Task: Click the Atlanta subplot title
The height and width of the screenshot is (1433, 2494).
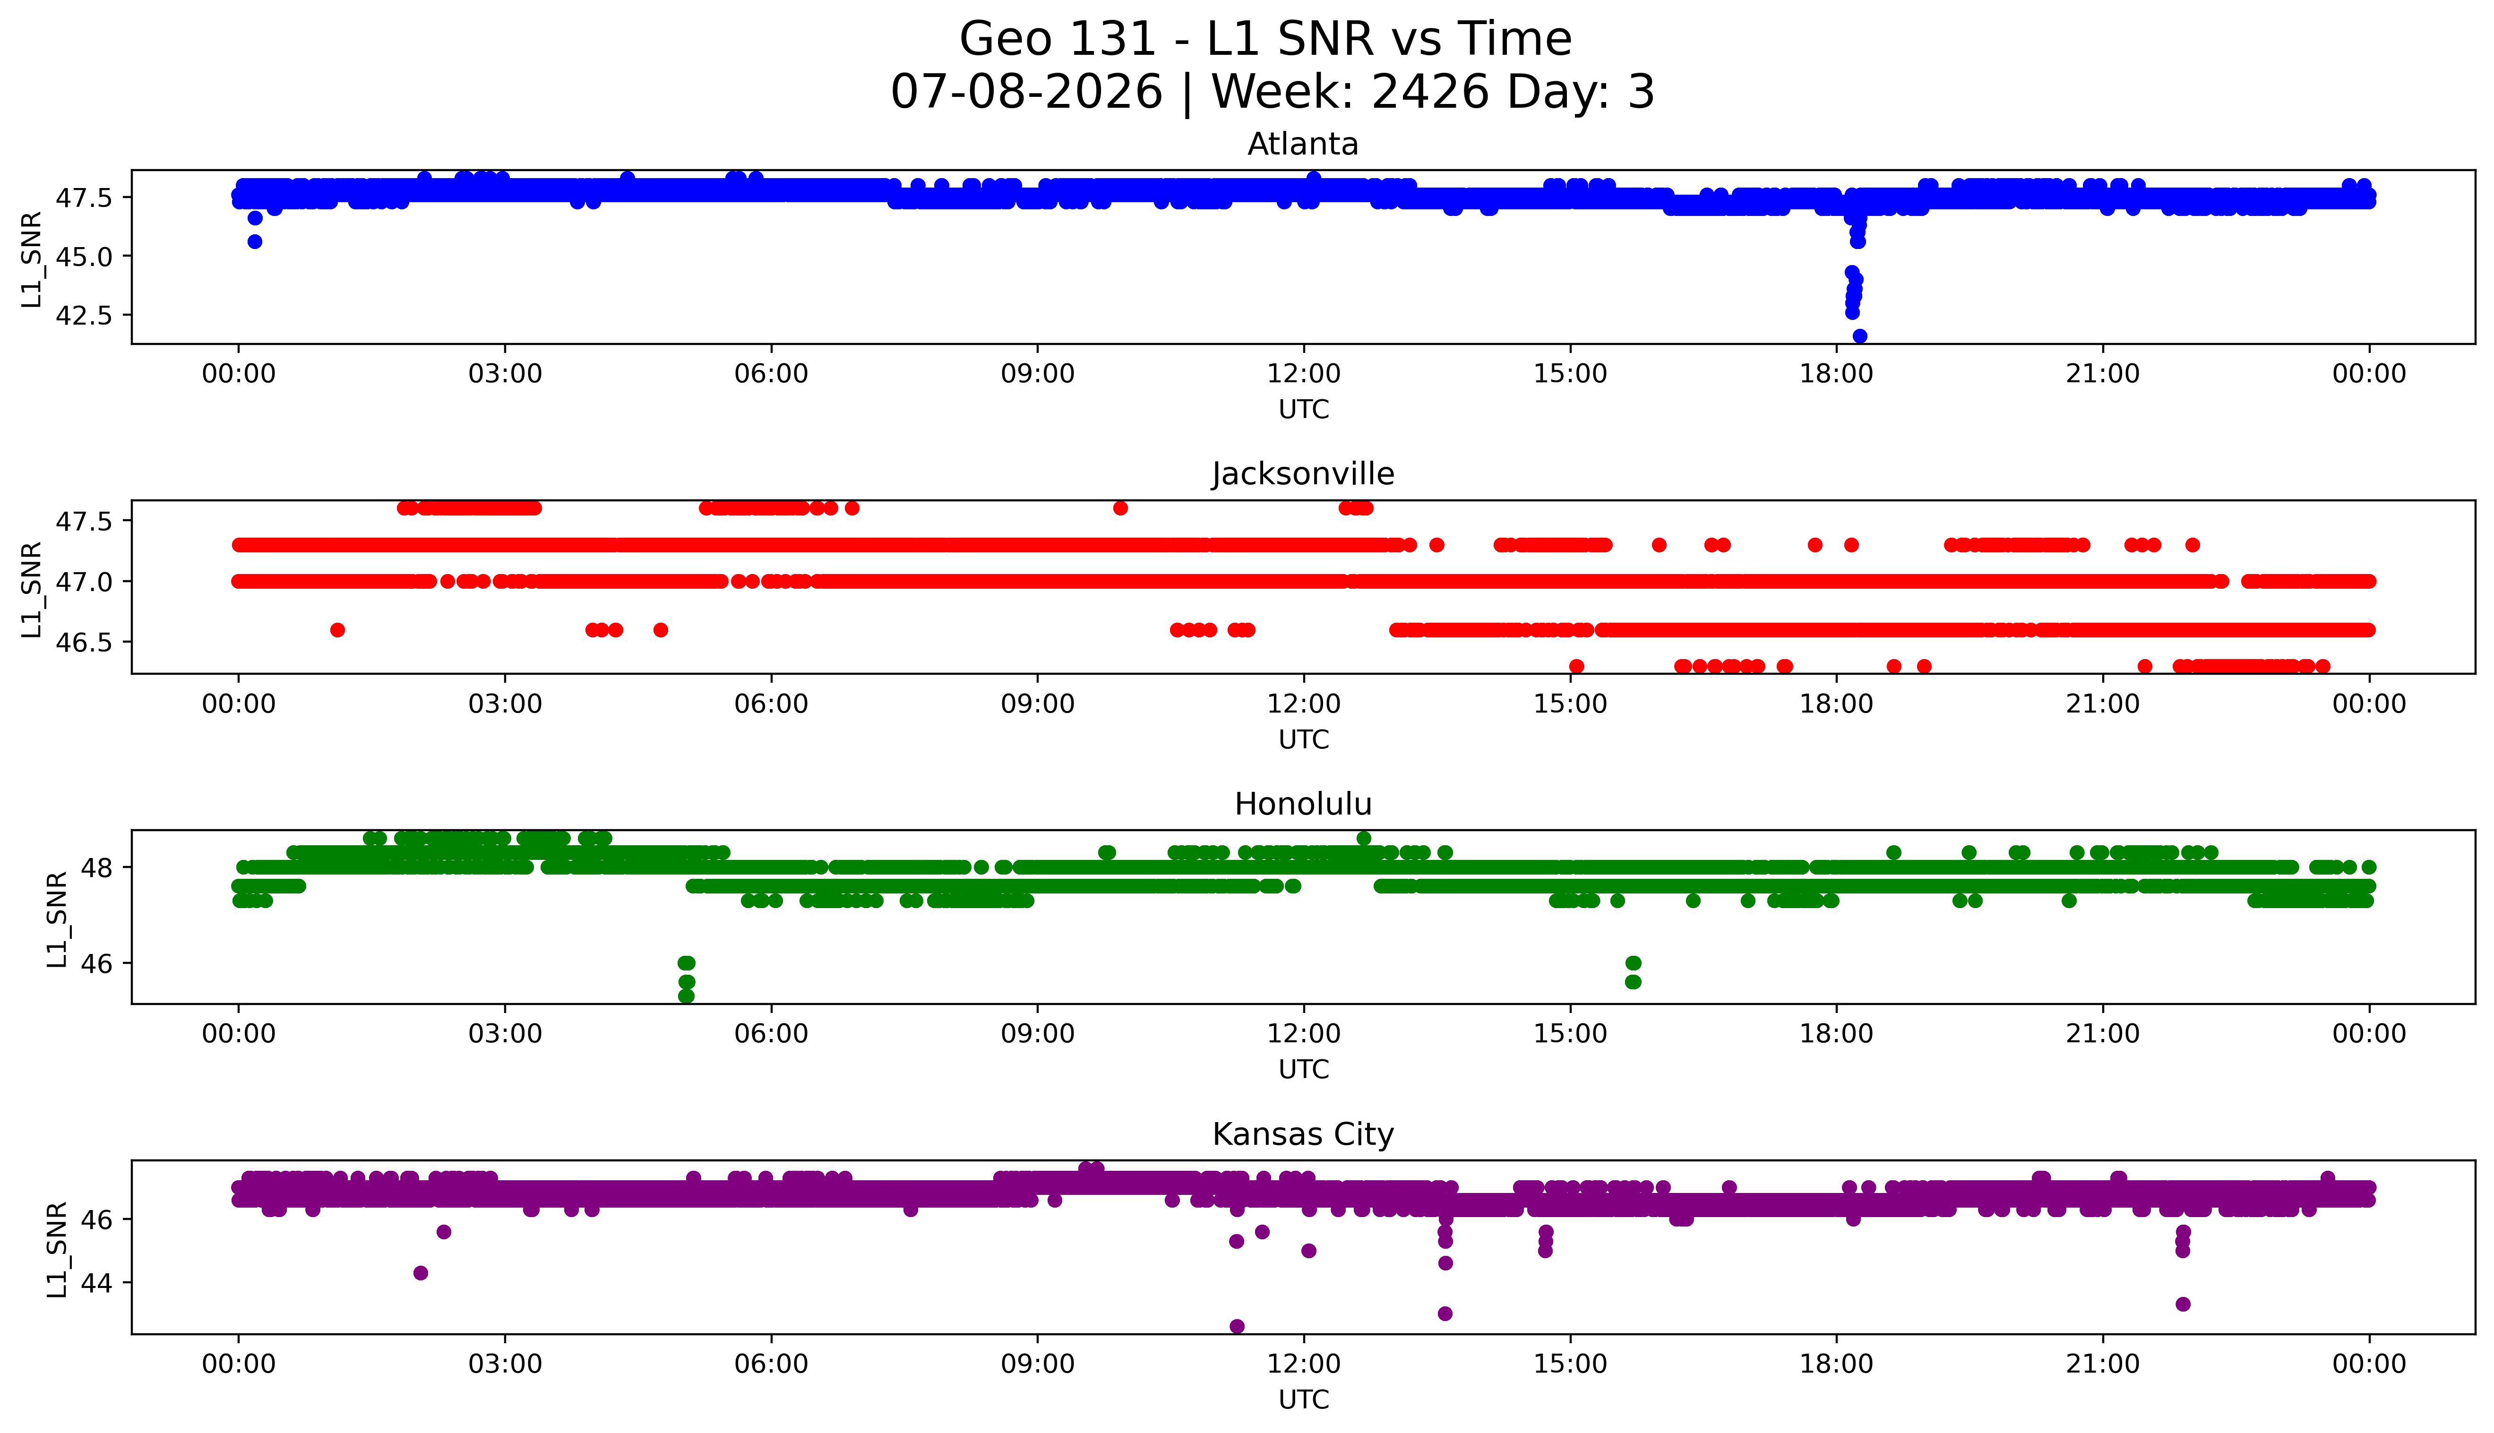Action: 1303,145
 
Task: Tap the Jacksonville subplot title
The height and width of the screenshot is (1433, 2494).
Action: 1303,474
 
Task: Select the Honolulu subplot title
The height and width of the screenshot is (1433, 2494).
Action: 1303,804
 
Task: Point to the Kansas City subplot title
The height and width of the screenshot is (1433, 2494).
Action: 1303,1135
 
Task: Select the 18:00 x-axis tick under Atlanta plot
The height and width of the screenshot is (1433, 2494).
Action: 1837,374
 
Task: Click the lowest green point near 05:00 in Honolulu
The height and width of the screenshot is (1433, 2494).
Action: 687,996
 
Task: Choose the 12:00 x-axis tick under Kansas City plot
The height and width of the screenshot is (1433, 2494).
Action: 1304,1364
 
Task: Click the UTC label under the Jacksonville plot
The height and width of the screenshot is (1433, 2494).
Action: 1303,739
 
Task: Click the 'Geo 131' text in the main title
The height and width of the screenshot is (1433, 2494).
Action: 1056,39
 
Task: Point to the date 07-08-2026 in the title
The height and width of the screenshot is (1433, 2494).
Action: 1026,93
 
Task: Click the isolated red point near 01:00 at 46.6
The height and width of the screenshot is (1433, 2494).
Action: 337,630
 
